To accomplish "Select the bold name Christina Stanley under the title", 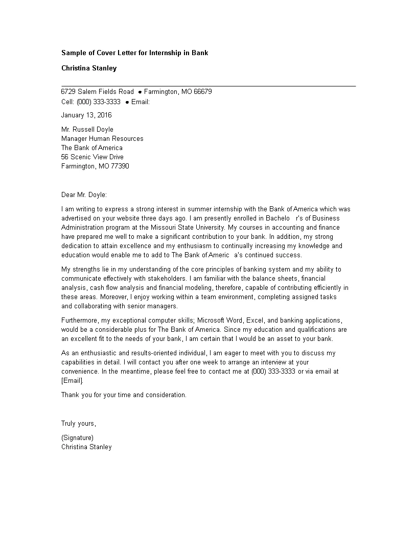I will [x=89, y=68].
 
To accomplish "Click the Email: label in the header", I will [x=141, y=102].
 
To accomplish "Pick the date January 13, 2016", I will [x=86, y=115].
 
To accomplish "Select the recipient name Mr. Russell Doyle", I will [x=87, y=130].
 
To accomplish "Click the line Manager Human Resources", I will [x=102, y=139].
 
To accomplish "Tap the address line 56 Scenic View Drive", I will [x=92, y=157].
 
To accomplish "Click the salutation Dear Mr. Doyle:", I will [x=84, y=195].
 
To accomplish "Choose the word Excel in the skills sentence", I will [x=255, y=321].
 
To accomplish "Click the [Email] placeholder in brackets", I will [x=72, y=381].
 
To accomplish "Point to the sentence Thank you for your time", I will [x=124, y=395].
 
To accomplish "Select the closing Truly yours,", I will [x=79, y=424].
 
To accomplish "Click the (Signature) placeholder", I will [x=77, y=438].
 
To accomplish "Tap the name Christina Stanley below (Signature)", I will [x=86, y=447].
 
